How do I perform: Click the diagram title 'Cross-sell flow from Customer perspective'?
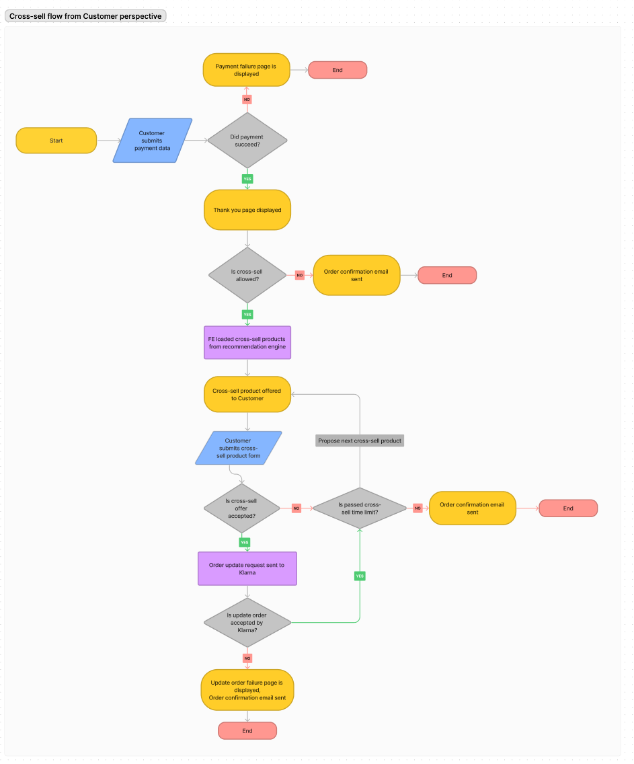click(x=85, y=16)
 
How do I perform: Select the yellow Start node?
click(x=56, y=141)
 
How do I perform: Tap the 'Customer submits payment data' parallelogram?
click(x=152, y=141)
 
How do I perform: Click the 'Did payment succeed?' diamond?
click(x=247, y=141)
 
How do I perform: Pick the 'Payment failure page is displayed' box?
click(x=247, y=70)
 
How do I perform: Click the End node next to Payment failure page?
click(x=338, y=70)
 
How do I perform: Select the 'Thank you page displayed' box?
click(x=247, y=210)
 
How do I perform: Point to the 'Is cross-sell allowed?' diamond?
click(x=247, y=275)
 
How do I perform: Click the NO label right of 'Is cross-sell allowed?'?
click(x=299, y=275)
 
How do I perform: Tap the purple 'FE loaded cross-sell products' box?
click(x=247, y=343)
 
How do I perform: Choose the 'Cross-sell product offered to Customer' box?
click(x=247, y=394)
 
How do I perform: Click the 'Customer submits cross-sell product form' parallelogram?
click(x=238, y=448)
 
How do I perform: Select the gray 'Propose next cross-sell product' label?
click(x=360, y=441)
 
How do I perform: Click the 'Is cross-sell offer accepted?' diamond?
click(x=241, y=508)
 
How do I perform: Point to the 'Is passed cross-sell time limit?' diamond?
click(x=360, y=508)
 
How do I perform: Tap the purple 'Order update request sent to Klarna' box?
click(x=247, y=569)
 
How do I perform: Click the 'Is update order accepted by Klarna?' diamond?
click(x=247, y=623)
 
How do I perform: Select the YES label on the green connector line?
click(x=360, y=576)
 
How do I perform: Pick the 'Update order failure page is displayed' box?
click(x=247, y=690)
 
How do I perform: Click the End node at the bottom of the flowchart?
click(x=247, y=730)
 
